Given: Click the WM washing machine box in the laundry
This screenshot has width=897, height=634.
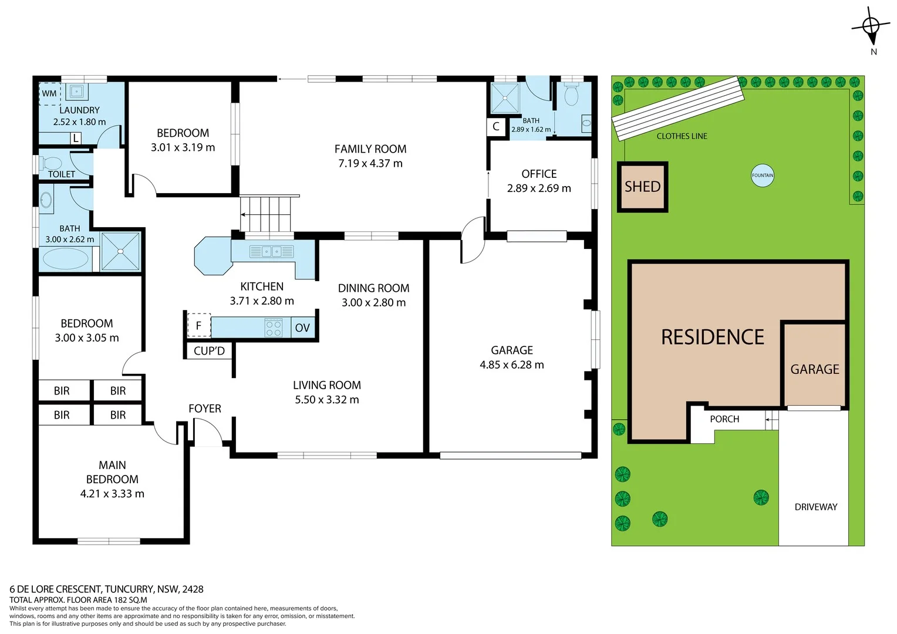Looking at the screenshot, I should pyautogui.click(x=49, y=93).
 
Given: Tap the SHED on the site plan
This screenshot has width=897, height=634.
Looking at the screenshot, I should pyautogui.click(x=642, y=187).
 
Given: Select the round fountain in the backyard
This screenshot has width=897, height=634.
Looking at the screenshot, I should pyautogui.click(x=763, y=175).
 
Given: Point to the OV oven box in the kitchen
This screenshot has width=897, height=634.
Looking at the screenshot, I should pyautogui.click(x=302, y=328).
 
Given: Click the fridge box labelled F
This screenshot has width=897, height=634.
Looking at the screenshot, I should pyautogui.click(x=199, y=325).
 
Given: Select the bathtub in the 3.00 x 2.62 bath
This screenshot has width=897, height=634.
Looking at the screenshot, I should pyautogui.click(x=65, y=259).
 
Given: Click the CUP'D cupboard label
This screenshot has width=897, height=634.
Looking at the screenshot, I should pyautogui.click(x=209, y=351).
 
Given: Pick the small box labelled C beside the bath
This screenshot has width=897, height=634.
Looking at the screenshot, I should pyautogui.click(x=496, y=127).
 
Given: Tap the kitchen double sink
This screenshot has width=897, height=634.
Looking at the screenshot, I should pyautogui.click(x=271, y=252).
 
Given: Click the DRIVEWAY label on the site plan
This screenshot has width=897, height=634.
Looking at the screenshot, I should pyautogui.click(x=815, y=507).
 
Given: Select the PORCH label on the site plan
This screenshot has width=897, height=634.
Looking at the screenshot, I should pyautogui.click(x=724, y=419).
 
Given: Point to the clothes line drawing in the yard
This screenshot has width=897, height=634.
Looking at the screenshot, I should pyautogui.click(x=677, y=108).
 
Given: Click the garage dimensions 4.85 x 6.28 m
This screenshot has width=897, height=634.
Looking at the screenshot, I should pyautogui.click(x=511, y=365).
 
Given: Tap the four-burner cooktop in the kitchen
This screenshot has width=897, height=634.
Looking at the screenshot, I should pyautogui.click(x=274, y=328).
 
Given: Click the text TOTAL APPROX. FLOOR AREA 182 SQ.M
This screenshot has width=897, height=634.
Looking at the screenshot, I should pyautogui.click(x=78, y=600).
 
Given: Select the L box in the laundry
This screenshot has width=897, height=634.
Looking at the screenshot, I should pyautogui.click(x=76, y=139).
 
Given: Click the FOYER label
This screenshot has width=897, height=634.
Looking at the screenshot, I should pyautogui.click(x=205, y=409).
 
